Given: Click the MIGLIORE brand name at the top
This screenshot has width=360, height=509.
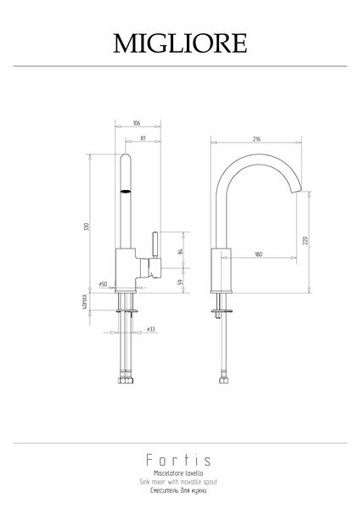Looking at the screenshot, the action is coord(180,43).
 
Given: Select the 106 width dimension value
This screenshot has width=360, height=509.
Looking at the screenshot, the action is coord(137,123).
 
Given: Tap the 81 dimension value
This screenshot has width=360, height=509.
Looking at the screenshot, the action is coord(143,138).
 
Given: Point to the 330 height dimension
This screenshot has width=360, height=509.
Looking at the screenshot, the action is coord(87,227).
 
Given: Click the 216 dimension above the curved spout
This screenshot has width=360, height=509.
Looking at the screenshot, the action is coord(256,139).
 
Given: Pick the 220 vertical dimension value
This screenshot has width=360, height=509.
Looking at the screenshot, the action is coord(305,241).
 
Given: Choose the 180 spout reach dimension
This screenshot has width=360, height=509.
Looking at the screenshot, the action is coord(258,255).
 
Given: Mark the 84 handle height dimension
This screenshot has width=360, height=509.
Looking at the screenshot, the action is coord(181,251).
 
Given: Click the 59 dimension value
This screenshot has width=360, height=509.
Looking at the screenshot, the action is coord(181,282).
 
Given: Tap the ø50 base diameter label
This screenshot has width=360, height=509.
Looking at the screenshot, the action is coord(103,284).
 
